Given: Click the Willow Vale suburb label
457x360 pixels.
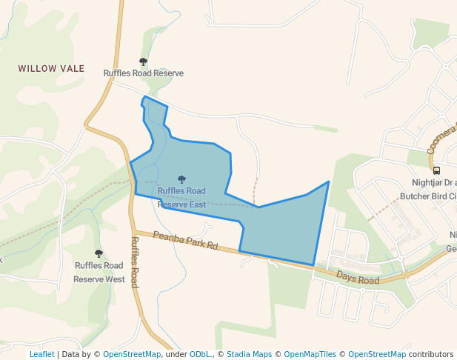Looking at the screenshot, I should click(51, 68).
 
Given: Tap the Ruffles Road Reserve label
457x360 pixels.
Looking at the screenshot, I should click(143, 73).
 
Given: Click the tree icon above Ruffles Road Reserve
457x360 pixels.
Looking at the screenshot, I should click(143, 62).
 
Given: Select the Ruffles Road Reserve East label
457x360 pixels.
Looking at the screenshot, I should click(181, 197).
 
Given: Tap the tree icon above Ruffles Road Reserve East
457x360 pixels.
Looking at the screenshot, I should click(181, 179).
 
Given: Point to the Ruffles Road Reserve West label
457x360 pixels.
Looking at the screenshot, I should click(99, 272).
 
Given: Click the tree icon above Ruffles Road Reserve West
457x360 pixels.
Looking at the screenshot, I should click(99, 253).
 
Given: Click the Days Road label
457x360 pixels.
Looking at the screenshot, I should click(358, 278).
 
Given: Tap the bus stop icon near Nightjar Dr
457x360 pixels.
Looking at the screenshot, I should click(436, 170).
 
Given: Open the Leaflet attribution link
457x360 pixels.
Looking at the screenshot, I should click(41, 354).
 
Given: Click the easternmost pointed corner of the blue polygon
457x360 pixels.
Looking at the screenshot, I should click(329, 181).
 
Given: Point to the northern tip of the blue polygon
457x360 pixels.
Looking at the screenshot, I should click(144, 97).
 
